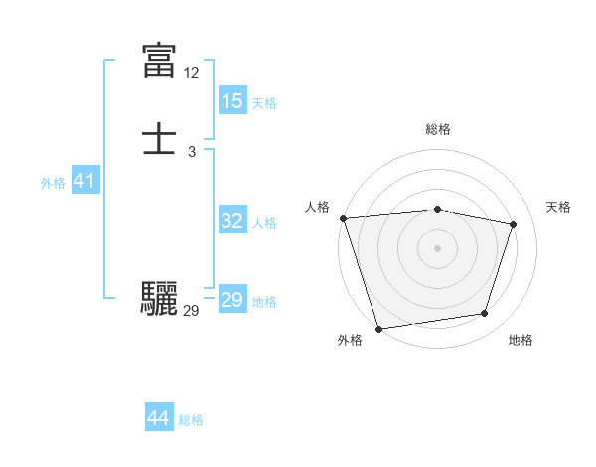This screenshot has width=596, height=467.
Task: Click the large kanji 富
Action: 159,61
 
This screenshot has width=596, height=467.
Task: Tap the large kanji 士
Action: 159,138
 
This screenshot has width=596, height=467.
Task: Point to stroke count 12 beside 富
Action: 191,73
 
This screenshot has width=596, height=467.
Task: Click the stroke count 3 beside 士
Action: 191,151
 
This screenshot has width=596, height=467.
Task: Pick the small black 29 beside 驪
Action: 191,310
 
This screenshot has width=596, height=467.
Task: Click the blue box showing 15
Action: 231,100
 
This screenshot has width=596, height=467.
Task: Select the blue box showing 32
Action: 231,221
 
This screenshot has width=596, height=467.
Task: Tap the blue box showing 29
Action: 231,300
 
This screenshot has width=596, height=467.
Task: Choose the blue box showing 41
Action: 84,182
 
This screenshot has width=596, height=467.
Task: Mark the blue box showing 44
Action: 158,418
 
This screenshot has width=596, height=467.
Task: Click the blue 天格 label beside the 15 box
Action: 264,102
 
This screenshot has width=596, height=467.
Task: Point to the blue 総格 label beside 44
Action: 191,420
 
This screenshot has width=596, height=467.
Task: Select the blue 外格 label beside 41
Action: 53,183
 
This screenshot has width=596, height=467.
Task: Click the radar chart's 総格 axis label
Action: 437,129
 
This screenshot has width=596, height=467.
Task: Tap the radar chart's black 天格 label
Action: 558,207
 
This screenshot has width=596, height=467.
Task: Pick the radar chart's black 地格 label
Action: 521,340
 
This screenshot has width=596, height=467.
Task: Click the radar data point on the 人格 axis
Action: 343,218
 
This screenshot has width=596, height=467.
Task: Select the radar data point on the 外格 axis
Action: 378,328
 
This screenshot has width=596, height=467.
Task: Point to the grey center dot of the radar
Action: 437,247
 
